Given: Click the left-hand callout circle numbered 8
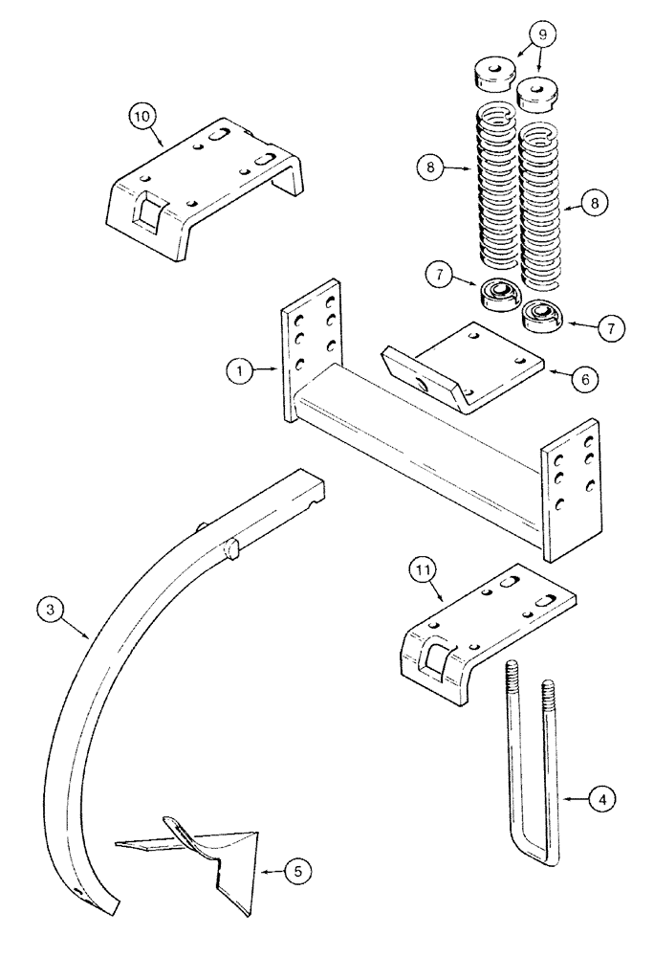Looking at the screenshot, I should [432, 167].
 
